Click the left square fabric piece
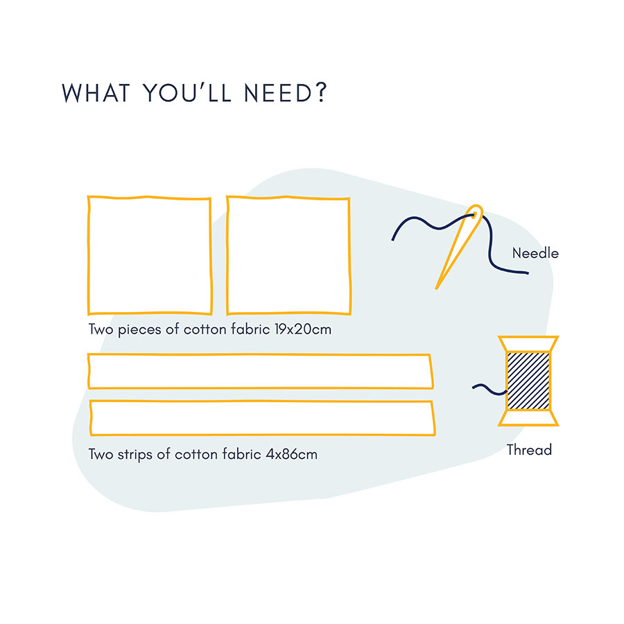pos(149,255)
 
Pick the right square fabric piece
pos(288,255)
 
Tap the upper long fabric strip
pos(260,371)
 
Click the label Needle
pos(535,254)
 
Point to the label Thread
pos(529,451)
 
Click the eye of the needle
pos(475,217)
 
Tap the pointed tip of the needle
pos(437,286)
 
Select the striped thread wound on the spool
pos(528,381)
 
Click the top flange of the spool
pos(528,343)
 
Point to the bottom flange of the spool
pos(528,418)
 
